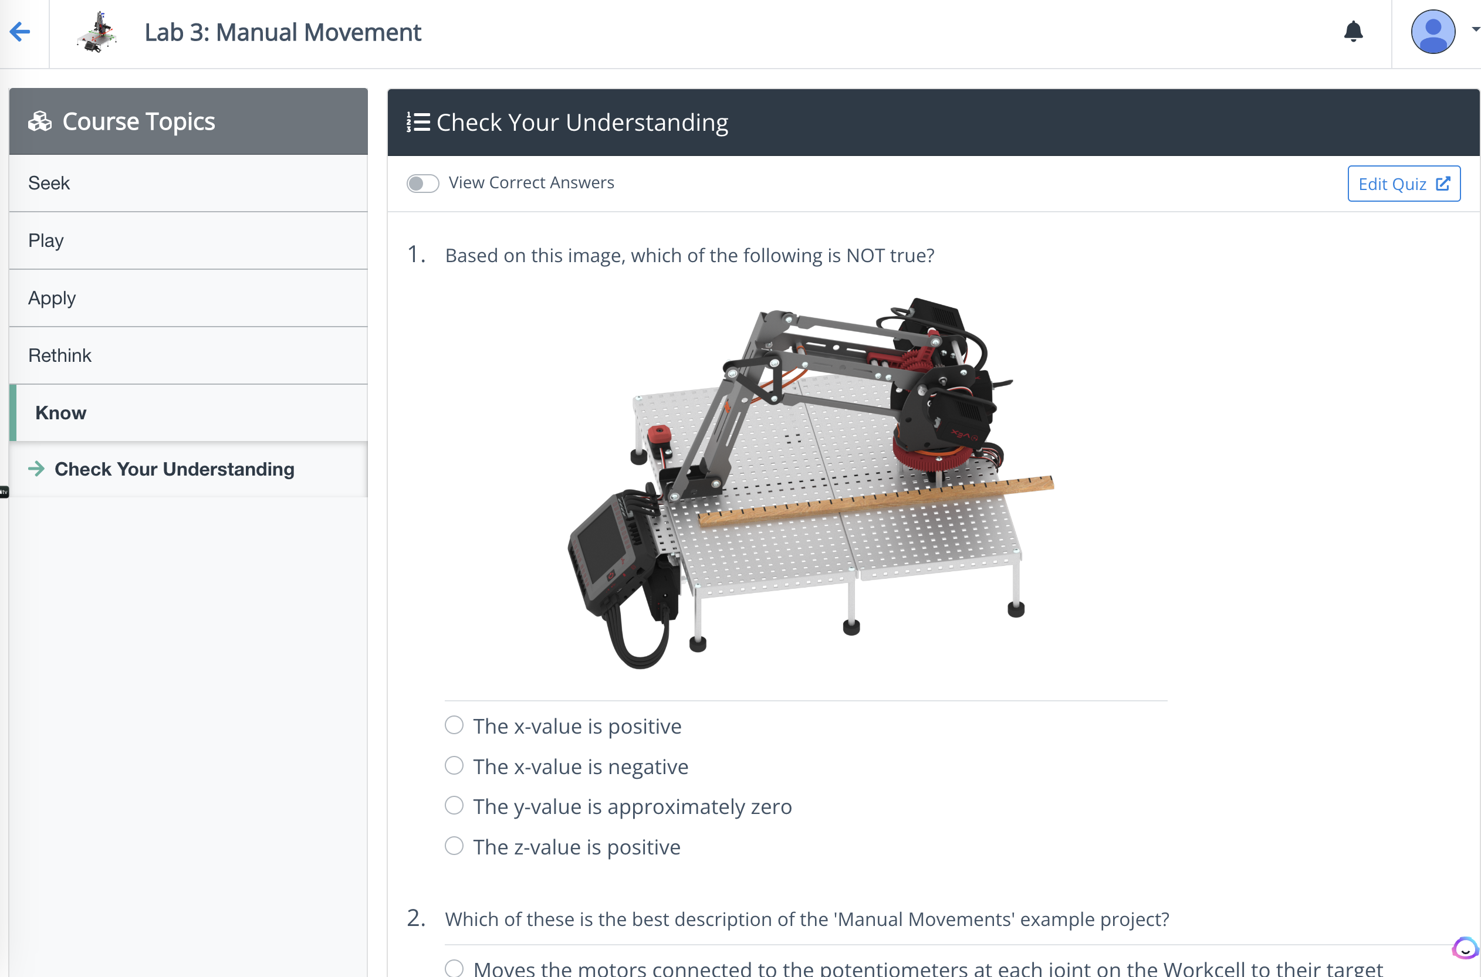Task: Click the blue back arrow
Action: (20, 31)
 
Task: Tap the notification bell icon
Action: (1353, 31)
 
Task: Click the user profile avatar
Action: (1433, 32)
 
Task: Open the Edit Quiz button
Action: (1404, 184)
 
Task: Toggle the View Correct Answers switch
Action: (422, 183)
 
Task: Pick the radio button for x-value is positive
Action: (454, 725)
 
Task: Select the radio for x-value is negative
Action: (454, 765)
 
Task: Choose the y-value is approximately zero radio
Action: (454, 806)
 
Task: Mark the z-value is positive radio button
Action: (454, 846)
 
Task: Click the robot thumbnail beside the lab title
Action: (97, 32)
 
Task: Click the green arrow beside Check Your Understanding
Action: (37, 469)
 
